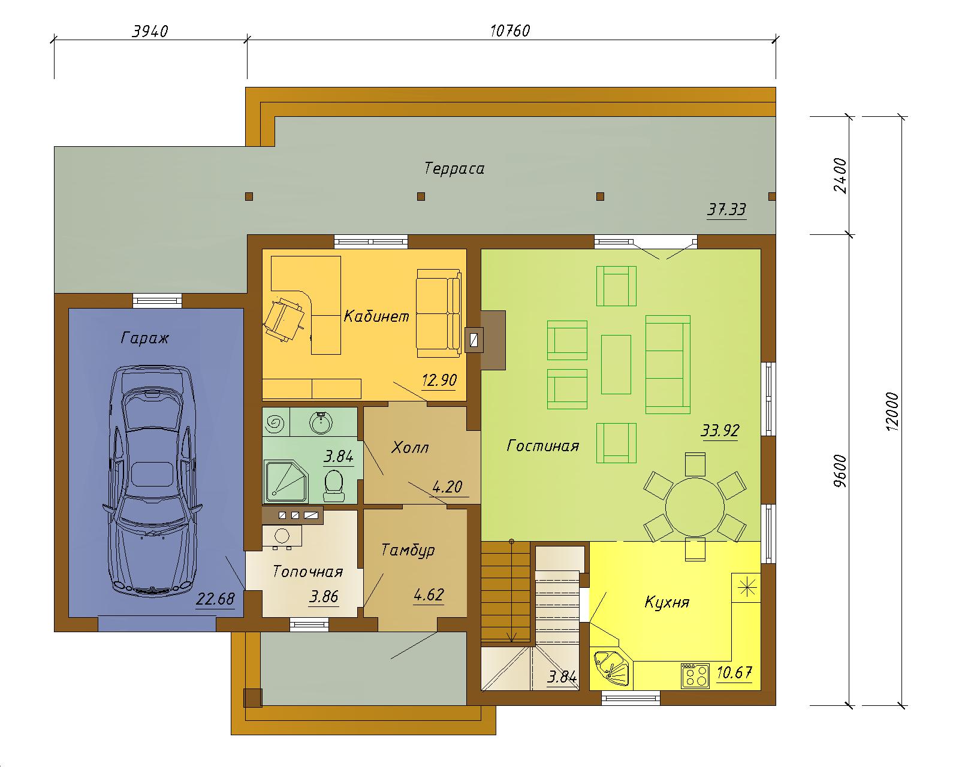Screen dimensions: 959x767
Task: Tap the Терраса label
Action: [x=454, y=168]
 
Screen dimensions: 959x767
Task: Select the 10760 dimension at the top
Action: [x=510, y=31]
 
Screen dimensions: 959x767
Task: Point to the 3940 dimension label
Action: [x=150, y=31]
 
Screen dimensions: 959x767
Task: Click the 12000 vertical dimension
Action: [x=892, y=411]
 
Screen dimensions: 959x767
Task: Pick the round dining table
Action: [x=694, y=507]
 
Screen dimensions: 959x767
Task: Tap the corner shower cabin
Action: [x=287, y=481]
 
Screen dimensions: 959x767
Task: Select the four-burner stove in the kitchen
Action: [x=695, y=676]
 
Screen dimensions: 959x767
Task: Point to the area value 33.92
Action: [x=720, y=430]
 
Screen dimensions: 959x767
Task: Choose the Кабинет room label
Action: [x=376, y=316]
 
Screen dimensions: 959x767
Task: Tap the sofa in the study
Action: [x=439, y=313]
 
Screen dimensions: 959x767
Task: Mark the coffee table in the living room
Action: [x=616, y=364]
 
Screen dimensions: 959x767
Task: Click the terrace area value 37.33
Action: [x=727, y=209]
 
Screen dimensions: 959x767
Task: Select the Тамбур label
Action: [x=408, y=551]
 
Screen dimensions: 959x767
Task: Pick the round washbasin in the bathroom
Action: [x=321, y=422]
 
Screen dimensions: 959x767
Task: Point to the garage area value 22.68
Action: [x=215, y=599]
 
